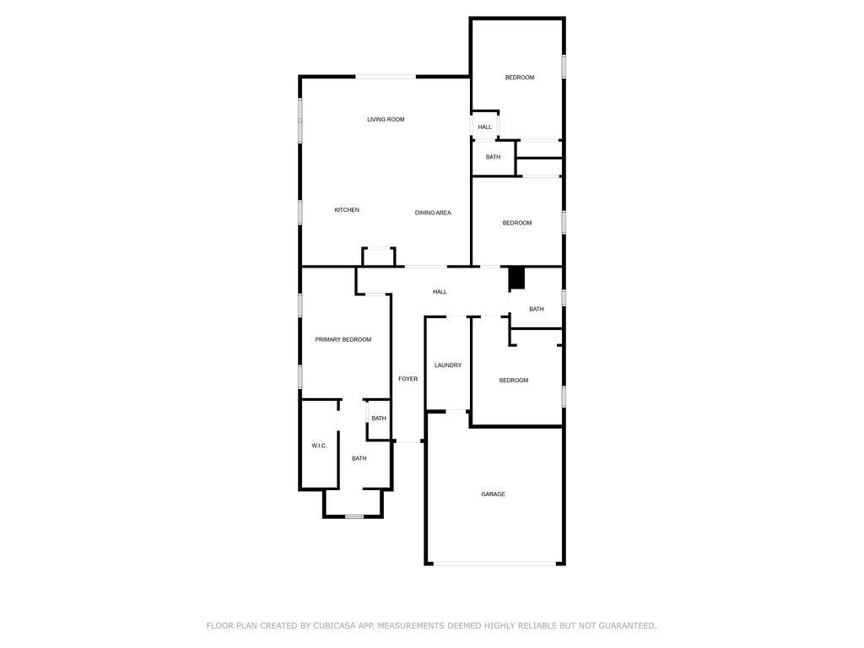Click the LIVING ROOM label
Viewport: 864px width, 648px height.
[386, 120]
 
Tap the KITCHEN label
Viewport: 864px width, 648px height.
[347, 210]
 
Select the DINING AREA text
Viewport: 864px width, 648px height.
[433, 213]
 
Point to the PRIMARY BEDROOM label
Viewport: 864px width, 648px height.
[343, 340]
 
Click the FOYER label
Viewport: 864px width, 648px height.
[408, 380]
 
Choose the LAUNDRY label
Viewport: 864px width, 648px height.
[448, 365]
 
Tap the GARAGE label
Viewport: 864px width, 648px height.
[494, 494]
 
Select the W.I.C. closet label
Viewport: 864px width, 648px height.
[319, 445]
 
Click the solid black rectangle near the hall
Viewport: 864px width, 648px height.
[516, 278]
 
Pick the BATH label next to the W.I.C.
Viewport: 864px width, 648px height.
[359, 459]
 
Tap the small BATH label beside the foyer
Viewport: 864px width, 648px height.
[379, 418]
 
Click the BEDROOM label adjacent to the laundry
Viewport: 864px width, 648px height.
[514, 381]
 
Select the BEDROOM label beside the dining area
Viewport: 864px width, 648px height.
[517, 223]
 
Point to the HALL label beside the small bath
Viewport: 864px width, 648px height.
[484, 127]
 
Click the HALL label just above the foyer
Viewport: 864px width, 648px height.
[440, 292]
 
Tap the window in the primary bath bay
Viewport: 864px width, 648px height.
[354, 516]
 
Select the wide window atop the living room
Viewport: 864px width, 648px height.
[386, 77]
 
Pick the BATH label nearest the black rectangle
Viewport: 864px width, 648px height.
[537, 310]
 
